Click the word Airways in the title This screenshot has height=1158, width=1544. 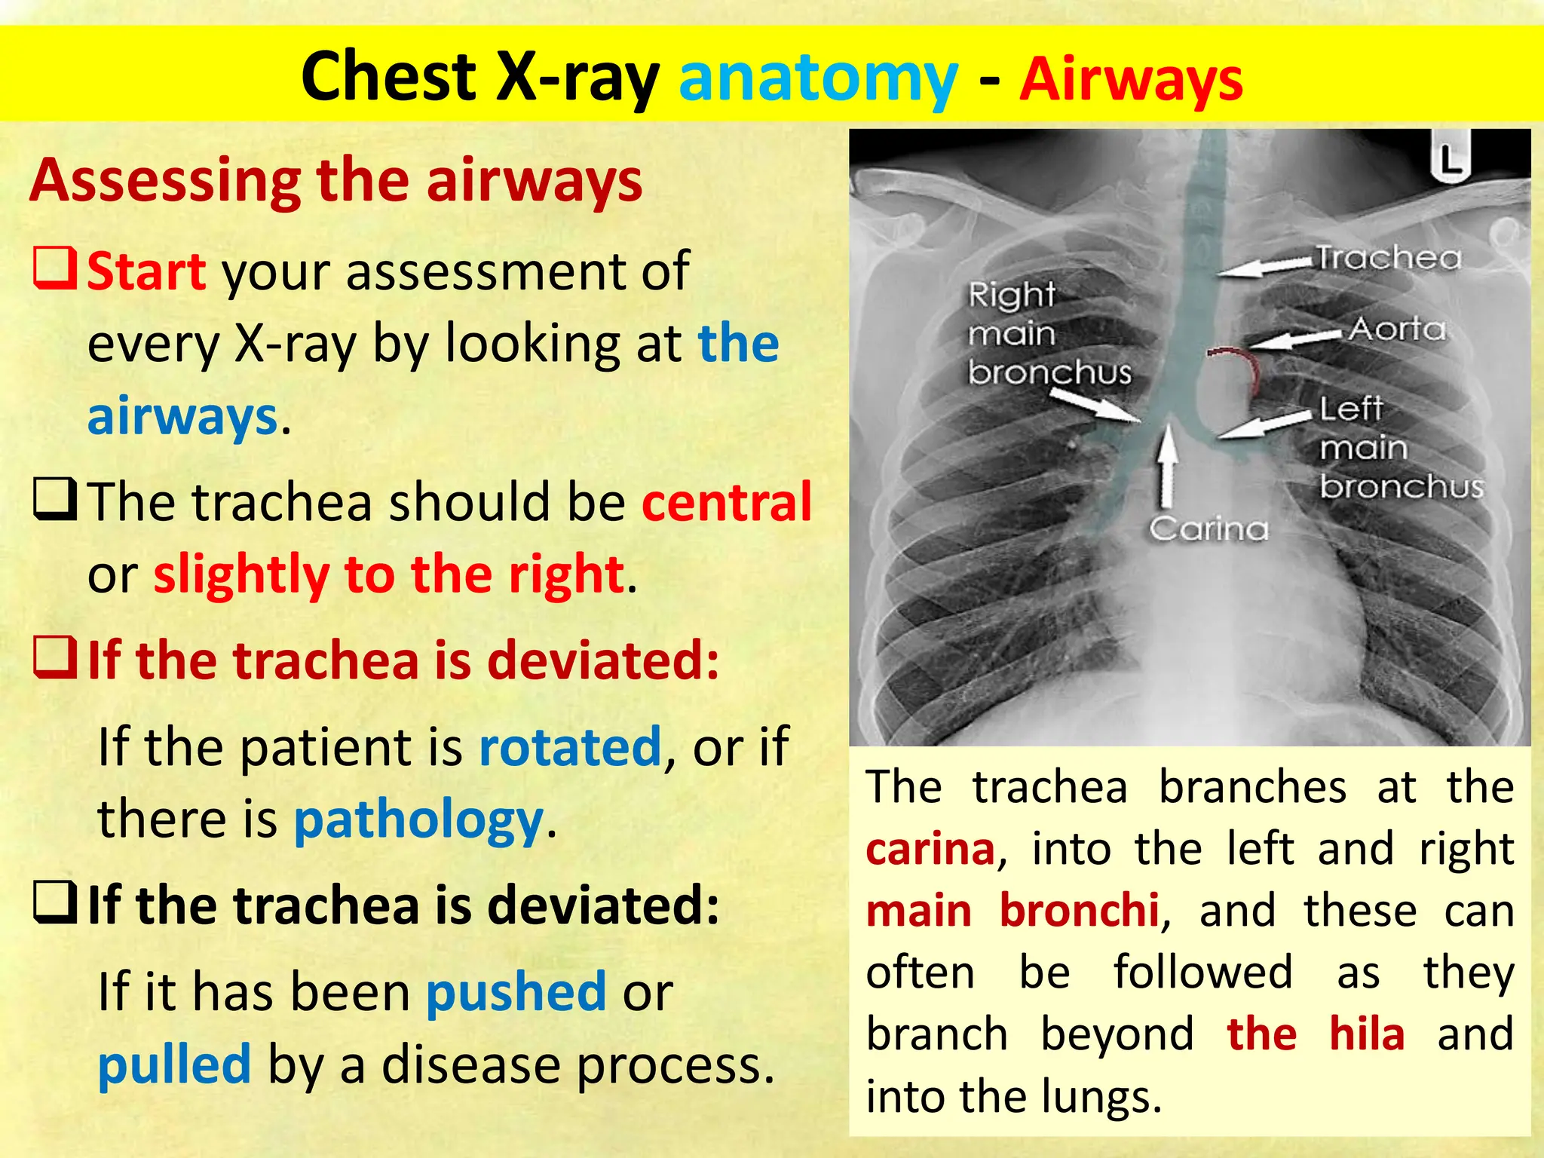tap(1131, 78)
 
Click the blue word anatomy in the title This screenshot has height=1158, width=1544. tap(818, 78)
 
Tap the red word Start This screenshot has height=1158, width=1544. tap(146, 271)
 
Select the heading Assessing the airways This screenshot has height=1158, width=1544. tap(335, 181)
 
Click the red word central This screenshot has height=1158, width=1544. tap(726, 502)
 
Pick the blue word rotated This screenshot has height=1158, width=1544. tap(570, 747)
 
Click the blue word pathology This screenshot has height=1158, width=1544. tap(418, 819)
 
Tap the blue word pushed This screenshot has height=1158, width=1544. tap(516, 991)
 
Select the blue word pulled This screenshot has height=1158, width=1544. tap(174, 1064)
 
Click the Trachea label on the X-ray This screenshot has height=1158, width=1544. tap(1389, 259)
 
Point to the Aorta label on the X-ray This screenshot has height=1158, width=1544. tap(1397, 329)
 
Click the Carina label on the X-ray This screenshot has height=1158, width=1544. tap(1209, 528)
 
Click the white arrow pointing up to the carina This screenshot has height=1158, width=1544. tap(1167, 464)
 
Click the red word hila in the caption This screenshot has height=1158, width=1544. tap(1366, 1034)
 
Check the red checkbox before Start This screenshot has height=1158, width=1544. tap(54, 270)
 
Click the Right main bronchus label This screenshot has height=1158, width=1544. tap(1048, 333)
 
